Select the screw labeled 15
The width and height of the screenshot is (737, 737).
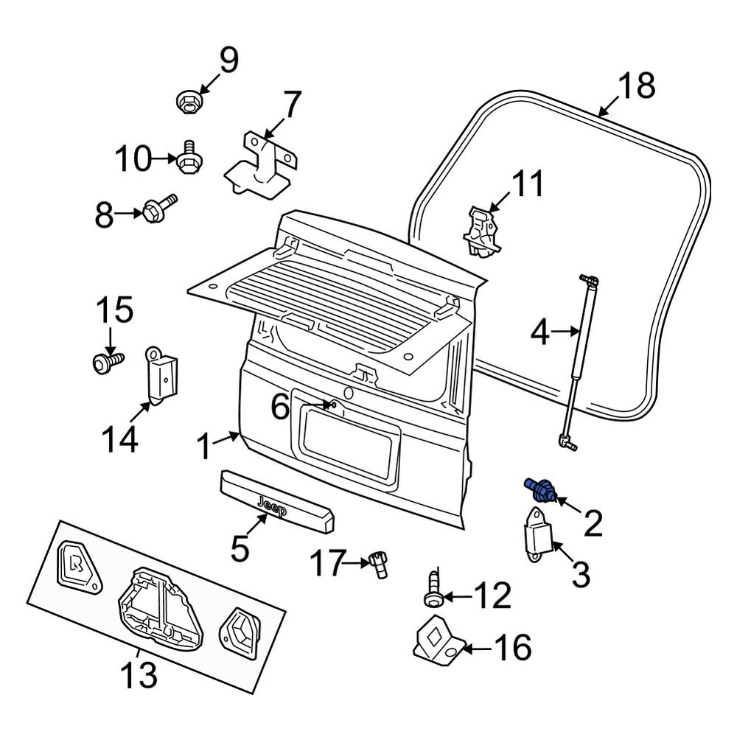(x=105, y=361)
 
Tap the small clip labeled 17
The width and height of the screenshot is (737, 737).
(x=380, y=563)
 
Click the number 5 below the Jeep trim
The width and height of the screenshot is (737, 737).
(x=242, y=549)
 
